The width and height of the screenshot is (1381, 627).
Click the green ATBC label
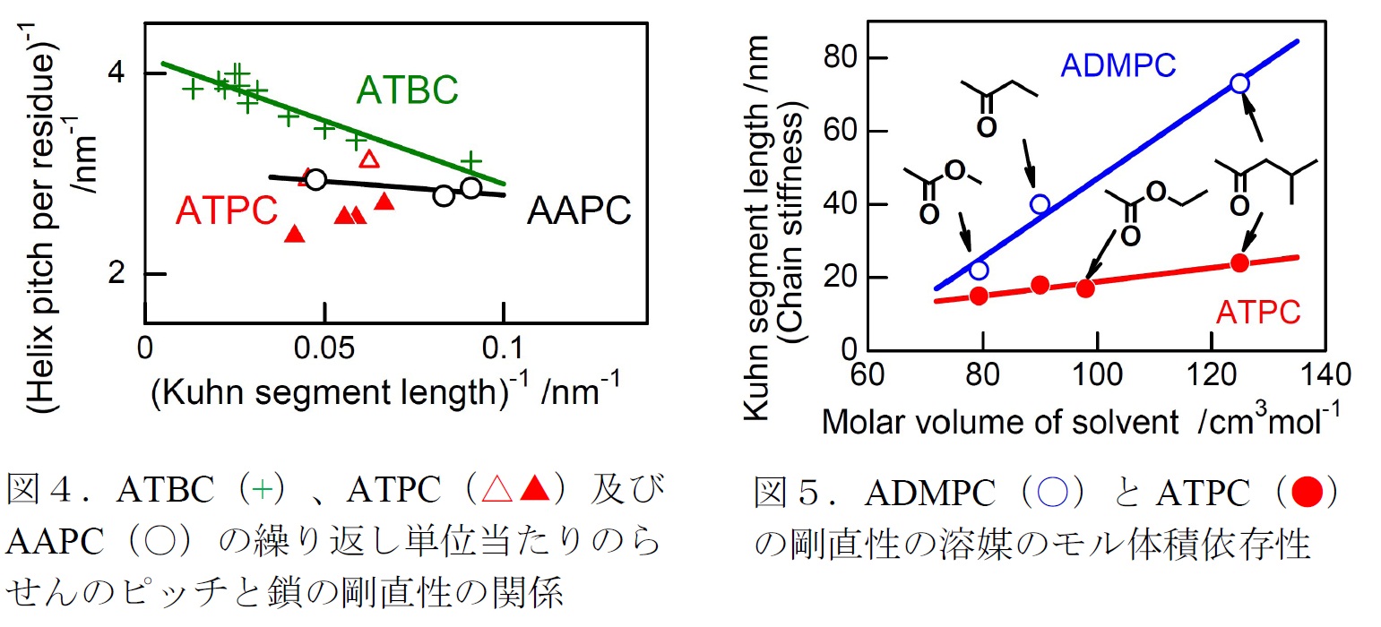click(x=408, y=90)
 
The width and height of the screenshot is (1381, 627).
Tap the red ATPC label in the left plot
click(x=227, y=210)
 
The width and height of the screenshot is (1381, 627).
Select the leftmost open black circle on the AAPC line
click(x=315, y=179)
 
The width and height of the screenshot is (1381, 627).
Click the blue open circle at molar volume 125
click(x=1239, y=83)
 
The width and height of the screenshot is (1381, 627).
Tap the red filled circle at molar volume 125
click(x=1239, y=262)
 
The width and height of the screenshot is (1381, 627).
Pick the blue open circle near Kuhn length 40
click(x=1040, y=204)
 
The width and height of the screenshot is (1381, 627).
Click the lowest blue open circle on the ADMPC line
click(x=979, y=270)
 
